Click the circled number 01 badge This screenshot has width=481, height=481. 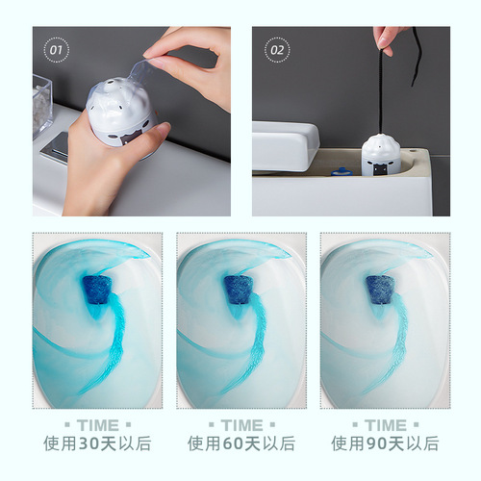(x=55, y=47)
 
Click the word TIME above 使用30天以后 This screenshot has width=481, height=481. (x=96, y=425)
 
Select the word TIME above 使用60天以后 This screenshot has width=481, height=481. (x=240, y=425)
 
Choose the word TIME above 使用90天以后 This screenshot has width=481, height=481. (x=385, y=425)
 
